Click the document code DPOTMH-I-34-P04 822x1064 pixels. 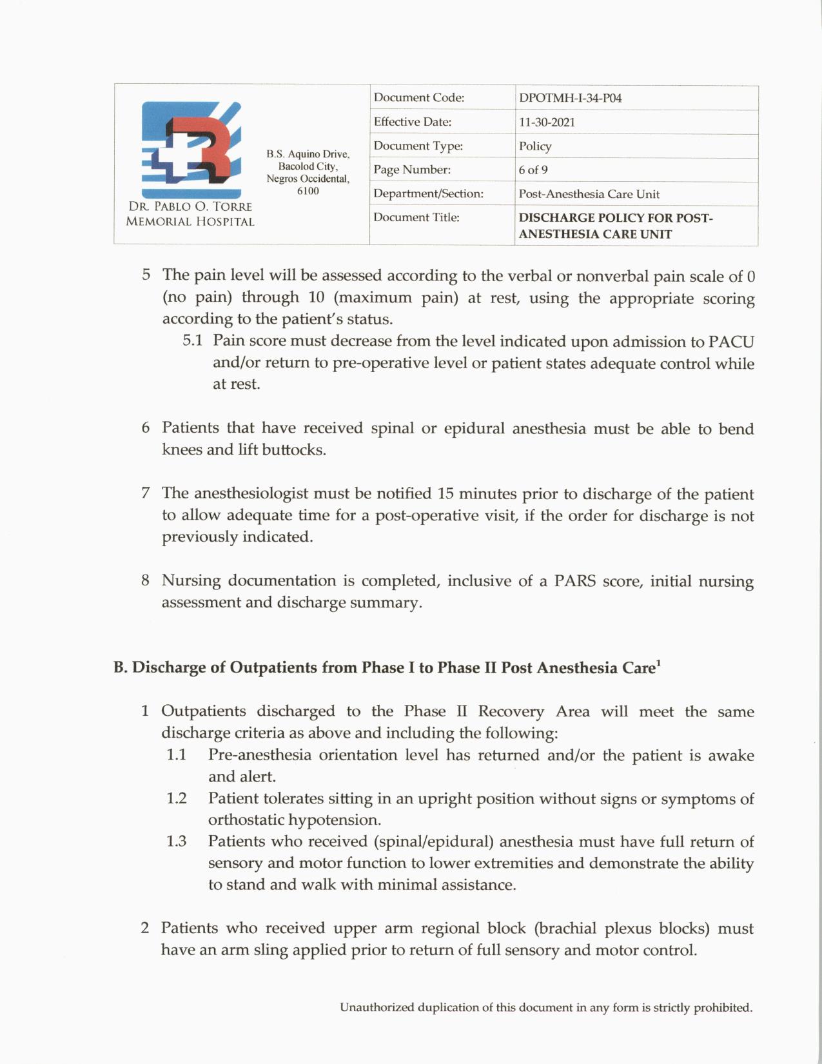point(570,99)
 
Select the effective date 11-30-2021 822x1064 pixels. point(547,123)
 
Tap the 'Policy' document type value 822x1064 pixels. point(535,146)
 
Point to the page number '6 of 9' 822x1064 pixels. point(533,170)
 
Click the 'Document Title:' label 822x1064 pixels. point(416,217)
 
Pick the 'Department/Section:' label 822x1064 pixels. point(428,193)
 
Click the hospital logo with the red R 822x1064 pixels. point(191,150)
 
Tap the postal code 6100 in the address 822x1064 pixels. point(308,191)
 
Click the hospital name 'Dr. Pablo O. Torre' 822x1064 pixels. point(190,207)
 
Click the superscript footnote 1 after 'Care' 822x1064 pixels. point(658,663)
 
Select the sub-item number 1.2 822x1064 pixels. point(176,798)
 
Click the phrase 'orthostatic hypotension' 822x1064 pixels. point(294,820)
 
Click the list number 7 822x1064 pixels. point(146,494)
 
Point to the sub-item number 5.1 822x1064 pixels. point(192,340)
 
